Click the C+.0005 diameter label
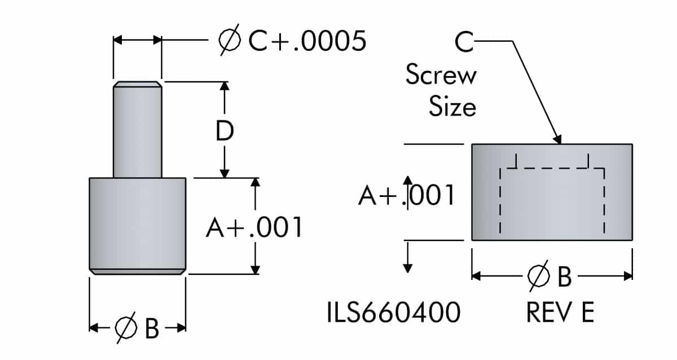pyautogui.click(x=292, y=41)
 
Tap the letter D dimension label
pyautogui.click(x=225, y=131)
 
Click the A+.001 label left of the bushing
pyautogui.click(x=406, y=195)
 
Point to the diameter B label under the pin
pyautogui.click(x=137, y=327)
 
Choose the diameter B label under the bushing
pyautogui.click(x=550, y=276)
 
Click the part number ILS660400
pyautogui.click(x=393, y=313)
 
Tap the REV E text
pyautogui.click(x=560, y=313)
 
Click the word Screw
pyautogui.click(x=441, y=76)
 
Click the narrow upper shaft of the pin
pyautogui.click(x=137, y=133)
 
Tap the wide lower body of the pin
pyautogui.click(x=137, y=223)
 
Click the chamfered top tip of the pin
pyautogui.click(x=137, y=85)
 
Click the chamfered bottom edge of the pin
pyautogui.click(x=137, y=271)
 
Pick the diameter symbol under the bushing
pyautogui.click(x=538, y=276)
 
